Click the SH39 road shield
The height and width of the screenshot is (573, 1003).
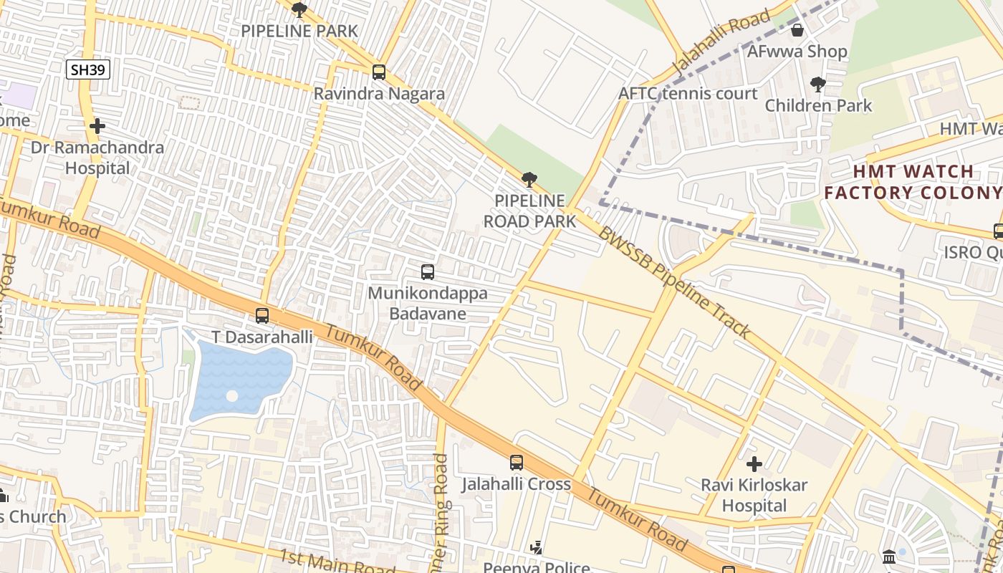tap(87, 69)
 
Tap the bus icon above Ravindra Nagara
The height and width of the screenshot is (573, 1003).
tap(379, 72)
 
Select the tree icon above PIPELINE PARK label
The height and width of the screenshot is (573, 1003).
tap(299, 10)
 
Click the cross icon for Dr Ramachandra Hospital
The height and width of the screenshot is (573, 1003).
tap(97, 127)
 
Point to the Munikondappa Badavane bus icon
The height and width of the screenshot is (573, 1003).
tap(428, 272)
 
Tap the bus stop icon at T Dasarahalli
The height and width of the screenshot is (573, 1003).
tap(262, 316)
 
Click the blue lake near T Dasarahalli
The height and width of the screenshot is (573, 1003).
tap(240, 380)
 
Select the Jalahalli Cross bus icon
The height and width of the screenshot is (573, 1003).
tap(517, 463)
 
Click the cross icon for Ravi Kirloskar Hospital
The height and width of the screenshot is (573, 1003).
tap(754, 464)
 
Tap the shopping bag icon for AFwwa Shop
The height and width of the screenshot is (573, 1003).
tap(797, 30)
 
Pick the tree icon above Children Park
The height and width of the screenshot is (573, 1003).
tap(817, 85)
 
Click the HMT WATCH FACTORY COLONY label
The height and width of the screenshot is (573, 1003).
tap(912, 182)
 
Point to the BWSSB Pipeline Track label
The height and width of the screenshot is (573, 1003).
tap(674, 283)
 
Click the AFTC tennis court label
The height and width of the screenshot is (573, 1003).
tap(688, 94)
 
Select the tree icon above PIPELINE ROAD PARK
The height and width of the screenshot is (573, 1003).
tap(529, 180)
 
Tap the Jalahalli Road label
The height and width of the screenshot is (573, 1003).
tap(721, 42)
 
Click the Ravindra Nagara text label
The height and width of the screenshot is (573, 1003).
tap(379, 94)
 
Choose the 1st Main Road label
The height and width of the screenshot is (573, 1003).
tap(337, 562)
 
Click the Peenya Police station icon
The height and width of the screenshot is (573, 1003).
tap(536, 549)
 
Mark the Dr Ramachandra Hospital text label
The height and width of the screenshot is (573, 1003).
tap(97, 158)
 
